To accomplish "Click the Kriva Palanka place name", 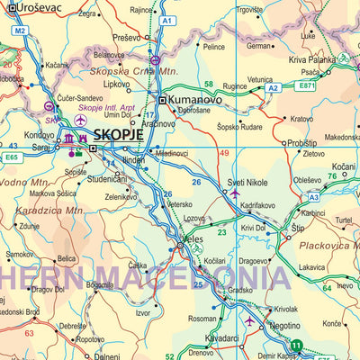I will [x=312, y=59].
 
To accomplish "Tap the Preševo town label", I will [x=126, y=38].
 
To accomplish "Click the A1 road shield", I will [x=166, y=20].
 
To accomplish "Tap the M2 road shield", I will [x=19, y=31].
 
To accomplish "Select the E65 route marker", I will [x=11, y=157].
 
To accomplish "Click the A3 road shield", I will [x=313, y=196].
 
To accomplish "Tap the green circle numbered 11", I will [x=297, y=345].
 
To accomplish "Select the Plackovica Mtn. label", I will [x=329, y=245].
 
